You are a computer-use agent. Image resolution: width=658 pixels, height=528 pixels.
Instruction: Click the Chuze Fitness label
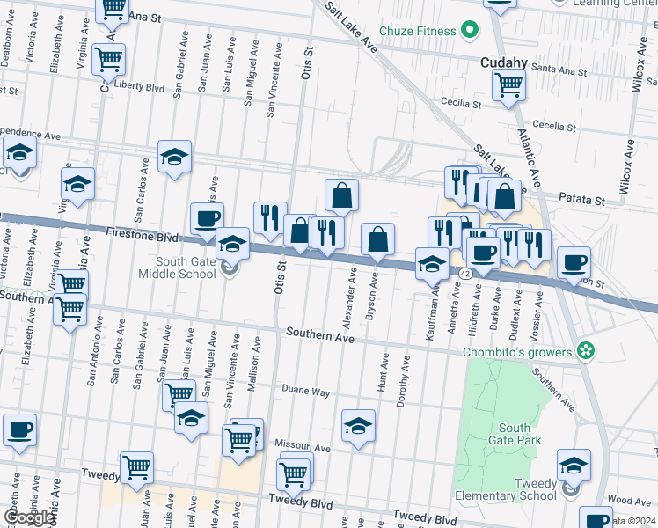tap(417, 32)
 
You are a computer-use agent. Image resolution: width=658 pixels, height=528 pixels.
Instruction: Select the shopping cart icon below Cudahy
tap(508, 86)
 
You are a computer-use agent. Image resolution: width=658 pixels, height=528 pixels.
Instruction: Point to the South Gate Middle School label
tap(186, 268)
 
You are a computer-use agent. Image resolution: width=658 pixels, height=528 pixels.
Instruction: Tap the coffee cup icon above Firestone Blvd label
tap(207, 219)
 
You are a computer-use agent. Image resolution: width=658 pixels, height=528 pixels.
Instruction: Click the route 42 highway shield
tap(463, 275)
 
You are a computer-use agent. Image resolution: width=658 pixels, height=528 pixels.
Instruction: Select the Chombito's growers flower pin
tap(585, 352)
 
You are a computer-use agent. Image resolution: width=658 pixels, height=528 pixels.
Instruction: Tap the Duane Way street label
tap(305, 389)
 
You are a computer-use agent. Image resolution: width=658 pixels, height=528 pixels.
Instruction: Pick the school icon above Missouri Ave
tap(358, 427)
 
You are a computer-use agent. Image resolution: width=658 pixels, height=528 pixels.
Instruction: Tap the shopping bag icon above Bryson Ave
tap(377, 239)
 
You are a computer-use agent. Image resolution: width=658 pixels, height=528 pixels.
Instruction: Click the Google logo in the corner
tap(28, 517)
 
